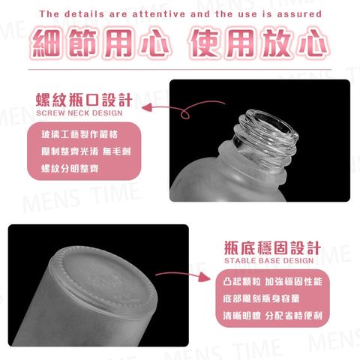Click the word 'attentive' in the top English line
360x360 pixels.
pos(159,14)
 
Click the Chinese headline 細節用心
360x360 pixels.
pos(100,43)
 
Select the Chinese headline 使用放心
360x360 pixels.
pos(259,43)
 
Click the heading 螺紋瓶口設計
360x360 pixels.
pos(84,100)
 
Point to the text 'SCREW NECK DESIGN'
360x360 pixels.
pos(79,113)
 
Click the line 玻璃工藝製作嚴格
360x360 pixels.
pos(79,134)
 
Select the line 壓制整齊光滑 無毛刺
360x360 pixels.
pos(86,151)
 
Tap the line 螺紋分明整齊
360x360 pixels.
pos(70,168)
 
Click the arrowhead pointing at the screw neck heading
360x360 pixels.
pos(148,107)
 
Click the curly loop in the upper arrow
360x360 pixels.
pos(185,115)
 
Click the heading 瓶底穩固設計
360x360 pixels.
pos(272,247)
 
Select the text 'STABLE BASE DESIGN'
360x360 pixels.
pos(269,261)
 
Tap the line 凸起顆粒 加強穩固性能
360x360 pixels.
pos(272,281)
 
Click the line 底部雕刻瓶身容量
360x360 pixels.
pos(261,298)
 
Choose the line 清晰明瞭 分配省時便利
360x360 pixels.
pos(272,316)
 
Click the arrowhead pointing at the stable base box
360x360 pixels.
pos(205,277)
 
